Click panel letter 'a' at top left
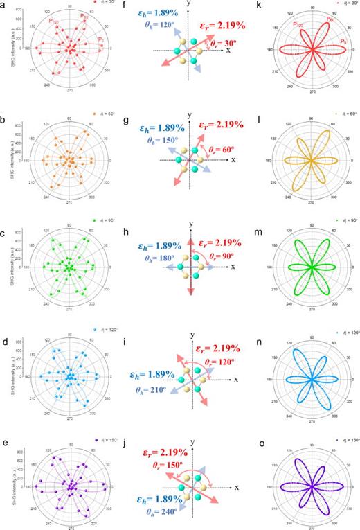(x=5, y=5)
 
